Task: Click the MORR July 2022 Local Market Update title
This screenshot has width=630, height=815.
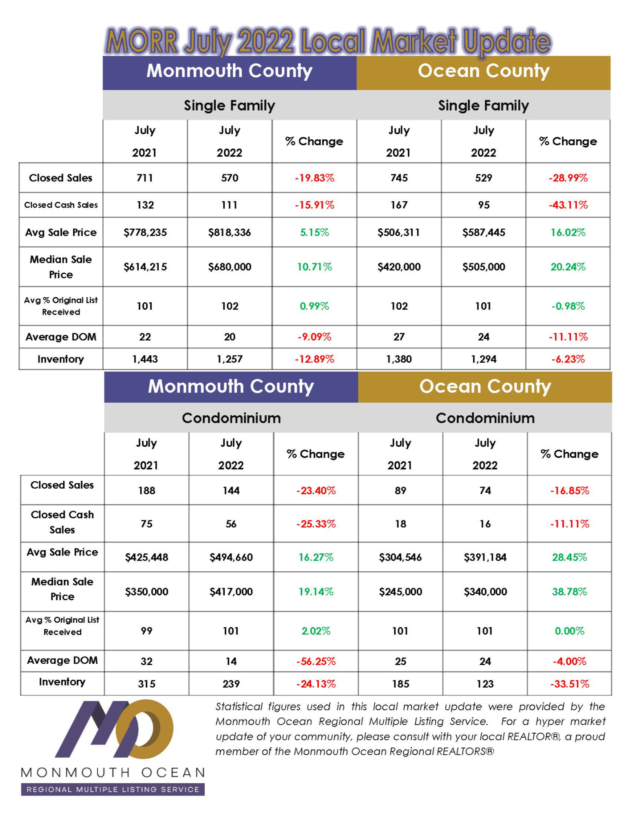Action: point(328,41)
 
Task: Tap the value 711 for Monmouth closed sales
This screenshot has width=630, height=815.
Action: point(145,178)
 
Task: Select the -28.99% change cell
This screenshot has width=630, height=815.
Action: point(568,178)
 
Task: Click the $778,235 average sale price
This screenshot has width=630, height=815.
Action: point(145,232)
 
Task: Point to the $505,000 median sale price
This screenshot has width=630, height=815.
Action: point(484,267)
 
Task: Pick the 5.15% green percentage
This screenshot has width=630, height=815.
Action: point(314,232)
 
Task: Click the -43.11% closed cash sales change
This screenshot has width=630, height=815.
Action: point(568,205)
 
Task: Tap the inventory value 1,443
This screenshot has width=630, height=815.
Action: point(145,359)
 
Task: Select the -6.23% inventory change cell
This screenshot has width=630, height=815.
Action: point(568,359)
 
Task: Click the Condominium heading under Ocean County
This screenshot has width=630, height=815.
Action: point(485,418)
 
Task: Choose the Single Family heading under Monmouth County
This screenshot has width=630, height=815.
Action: point(229,106)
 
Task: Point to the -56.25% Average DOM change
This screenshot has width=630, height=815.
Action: point(316,661)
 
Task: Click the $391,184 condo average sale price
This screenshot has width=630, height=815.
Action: point(485,557)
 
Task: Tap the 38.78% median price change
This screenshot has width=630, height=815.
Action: point(570,592)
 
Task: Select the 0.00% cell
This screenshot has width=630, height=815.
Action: point(570,631)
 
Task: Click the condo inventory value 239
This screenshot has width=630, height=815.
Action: point(231,684)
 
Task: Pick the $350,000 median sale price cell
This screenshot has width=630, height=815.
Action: point(147,592)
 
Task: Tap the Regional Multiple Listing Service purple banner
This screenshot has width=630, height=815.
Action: point(113,789)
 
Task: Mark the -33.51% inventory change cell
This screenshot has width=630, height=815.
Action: point(570,684)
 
